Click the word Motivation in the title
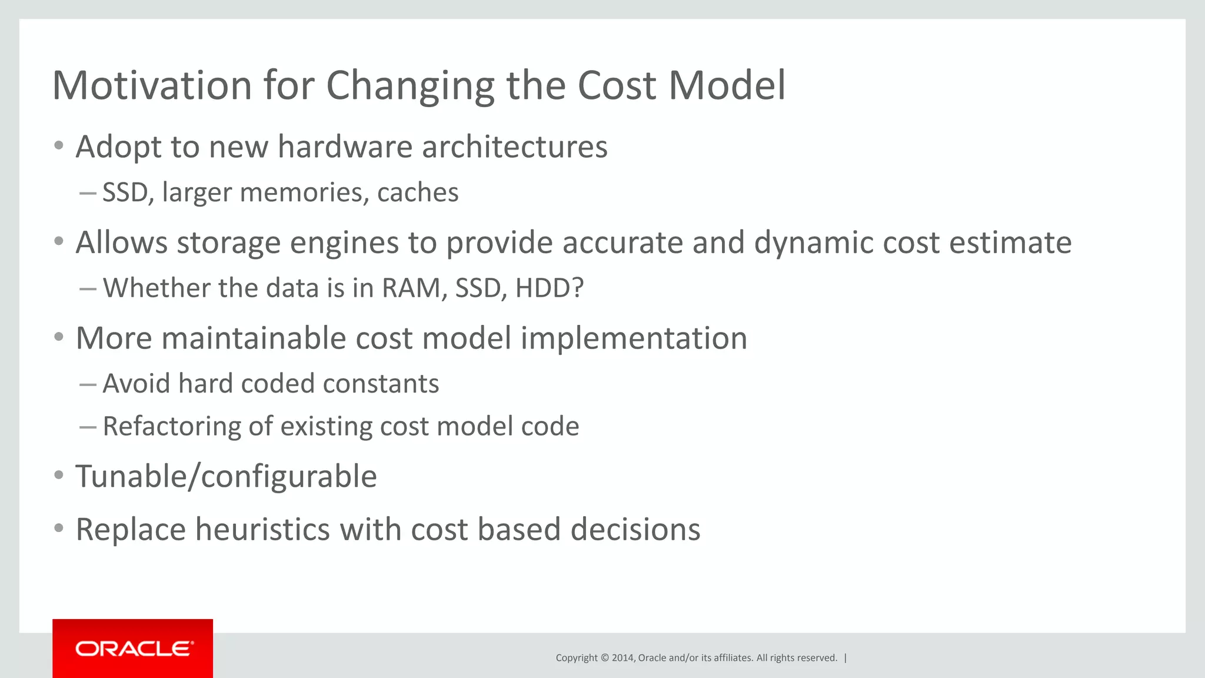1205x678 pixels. point(152,86)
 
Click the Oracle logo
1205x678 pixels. point(133,649)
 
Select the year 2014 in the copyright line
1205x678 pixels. point(623,658)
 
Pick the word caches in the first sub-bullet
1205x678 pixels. point(418,193)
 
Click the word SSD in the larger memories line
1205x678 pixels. point(125,193)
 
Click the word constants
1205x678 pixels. point(381,384)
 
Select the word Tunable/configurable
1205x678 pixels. point(226,477)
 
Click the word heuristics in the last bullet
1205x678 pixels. point(262,530)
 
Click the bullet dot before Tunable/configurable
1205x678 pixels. point(58,475)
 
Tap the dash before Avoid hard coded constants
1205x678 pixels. point(88,384)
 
